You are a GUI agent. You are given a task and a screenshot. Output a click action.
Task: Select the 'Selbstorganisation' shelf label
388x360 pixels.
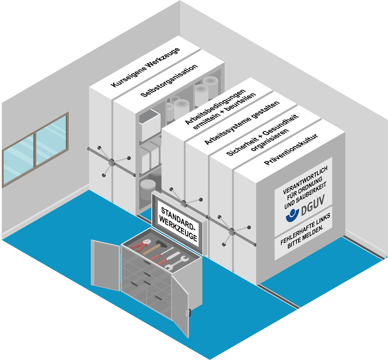click(169, 80)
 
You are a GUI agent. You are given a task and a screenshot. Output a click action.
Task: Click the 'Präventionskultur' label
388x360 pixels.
click(291, 149)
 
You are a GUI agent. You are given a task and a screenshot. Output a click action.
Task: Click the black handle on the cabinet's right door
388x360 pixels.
click(188, 313)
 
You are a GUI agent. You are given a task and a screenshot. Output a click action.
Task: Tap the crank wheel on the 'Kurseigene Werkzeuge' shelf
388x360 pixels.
click(111, 163)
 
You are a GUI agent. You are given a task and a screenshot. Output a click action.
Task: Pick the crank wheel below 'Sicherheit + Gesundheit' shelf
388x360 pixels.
click(232, 232)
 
